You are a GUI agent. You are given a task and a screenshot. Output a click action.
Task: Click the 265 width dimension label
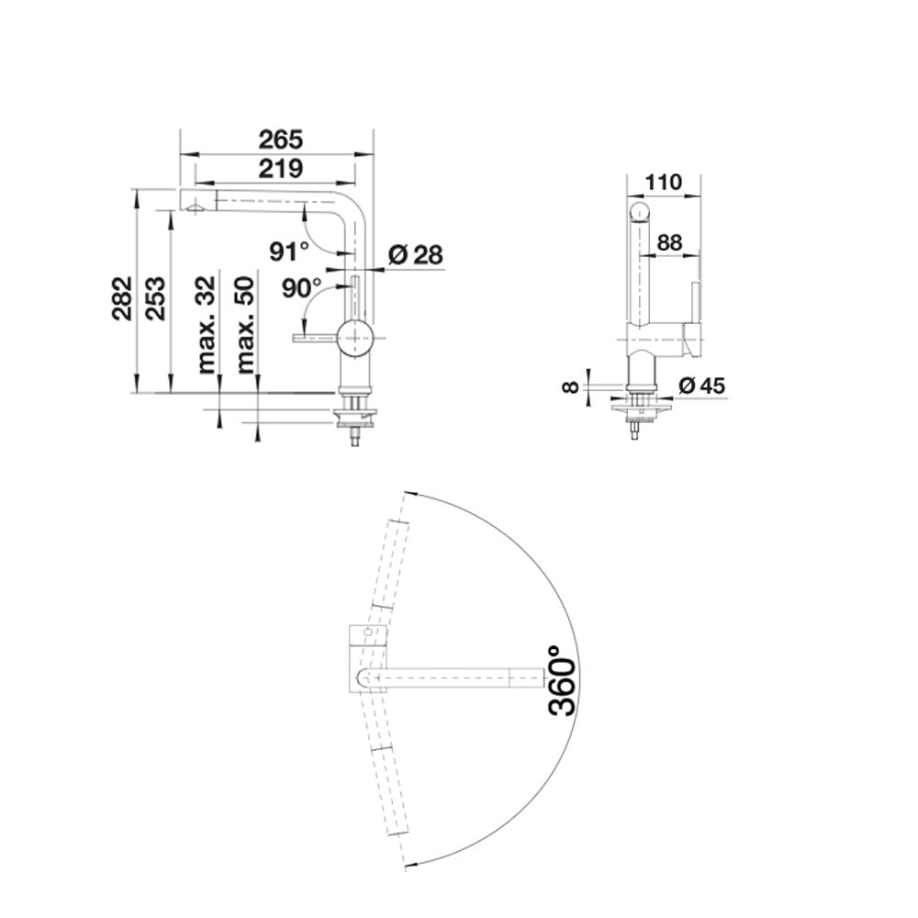click(282, 140)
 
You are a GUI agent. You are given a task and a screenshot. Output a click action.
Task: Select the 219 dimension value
click(281, 169)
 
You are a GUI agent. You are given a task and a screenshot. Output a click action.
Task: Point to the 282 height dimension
click(122, 298)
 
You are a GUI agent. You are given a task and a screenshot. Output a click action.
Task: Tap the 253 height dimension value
click(156, 298)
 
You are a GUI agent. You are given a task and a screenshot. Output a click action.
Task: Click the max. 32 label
click(206, 325)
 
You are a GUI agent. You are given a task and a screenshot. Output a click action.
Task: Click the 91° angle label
click(289, 252)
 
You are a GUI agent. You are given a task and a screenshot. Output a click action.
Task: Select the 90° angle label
click(301, 287)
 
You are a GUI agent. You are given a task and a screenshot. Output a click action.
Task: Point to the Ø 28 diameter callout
click(416, 254)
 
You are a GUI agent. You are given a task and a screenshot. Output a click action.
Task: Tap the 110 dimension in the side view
click(664, 183)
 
